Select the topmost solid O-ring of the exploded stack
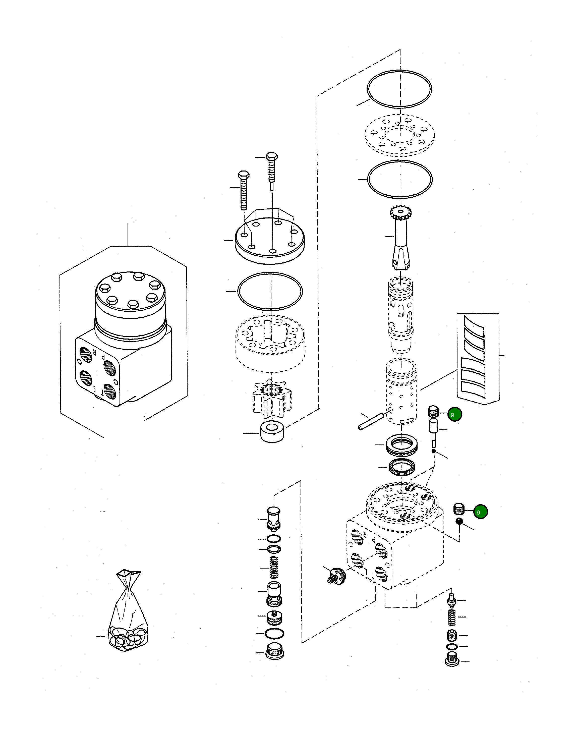(x=399, y=89)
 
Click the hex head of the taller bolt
(x=272, y=157)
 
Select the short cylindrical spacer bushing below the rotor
(x=272, y=432)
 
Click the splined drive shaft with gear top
(x=401, y=239)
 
